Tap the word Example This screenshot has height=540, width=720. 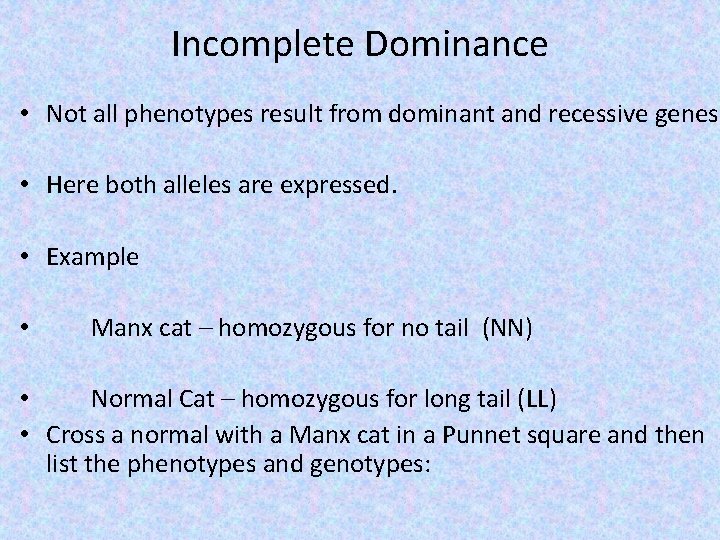point(93,257)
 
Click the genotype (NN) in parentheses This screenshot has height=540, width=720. point(507,328)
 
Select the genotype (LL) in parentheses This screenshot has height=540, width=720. point(538,400)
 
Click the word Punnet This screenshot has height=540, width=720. point(481,435)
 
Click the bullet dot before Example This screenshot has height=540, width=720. point(22,257)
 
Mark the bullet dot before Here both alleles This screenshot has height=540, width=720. point(22,186)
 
